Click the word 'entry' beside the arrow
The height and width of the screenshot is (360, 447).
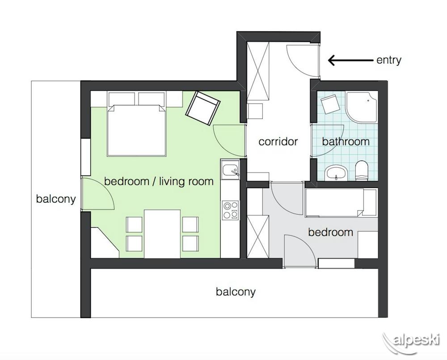pyautogui.click(x=389, y=60)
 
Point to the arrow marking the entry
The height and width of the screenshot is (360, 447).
pyautogui.click(x=350, y=60)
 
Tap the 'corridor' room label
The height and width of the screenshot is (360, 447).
pyautogui.click(x=278, y=142)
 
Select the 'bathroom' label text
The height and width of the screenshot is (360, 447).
pyautogui.click(x=346, y=142)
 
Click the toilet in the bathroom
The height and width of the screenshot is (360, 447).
pyautogui.click(x=362, y=171)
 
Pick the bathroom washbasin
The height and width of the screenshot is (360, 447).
pyautogui.click(x=336, y=173)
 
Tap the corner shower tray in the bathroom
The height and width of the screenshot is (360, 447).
pyautogui.click(x=362, y=107)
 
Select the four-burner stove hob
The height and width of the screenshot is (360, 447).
pyautogui.click(x=230, y=210)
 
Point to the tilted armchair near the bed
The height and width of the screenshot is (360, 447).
pyautogui.click(x=202, y=108)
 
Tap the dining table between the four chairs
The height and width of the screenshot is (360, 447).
pyautogui.click(x=163, y=234)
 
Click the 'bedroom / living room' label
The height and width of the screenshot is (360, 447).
pyautogui.click(x=159, y=181)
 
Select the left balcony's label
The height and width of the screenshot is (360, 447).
pyautogui.click(x=56, y=199)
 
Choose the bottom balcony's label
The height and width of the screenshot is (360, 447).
pyautogui.click(x=236, y=292)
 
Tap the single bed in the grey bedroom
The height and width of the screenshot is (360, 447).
pyautogui.click(x=341, y=202)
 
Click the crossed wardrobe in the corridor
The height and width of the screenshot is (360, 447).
pyautogui.click(x=258, y=71)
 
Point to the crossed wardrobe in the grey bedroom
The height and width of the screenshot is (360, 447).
pyautogui.click(x=258, y=237)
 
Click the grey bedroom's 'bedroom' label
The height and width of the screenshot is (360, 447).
pyautogui.click(x=330, y=232)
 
